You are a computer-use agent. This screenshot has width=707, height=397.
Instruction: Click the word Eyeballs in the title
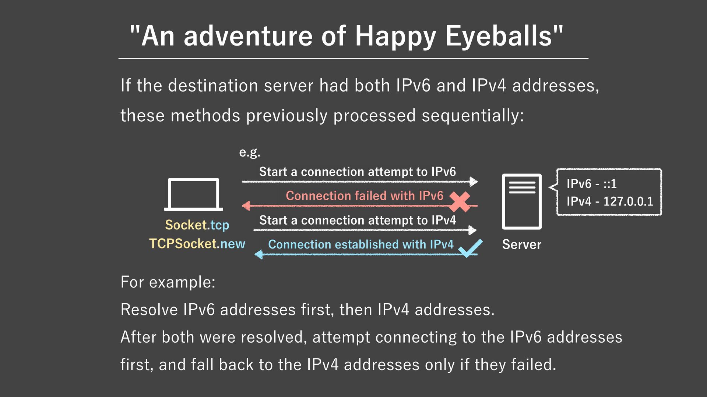coord(499,36)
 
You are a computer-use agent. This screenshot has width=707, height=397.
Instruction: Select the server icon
coord(521,201)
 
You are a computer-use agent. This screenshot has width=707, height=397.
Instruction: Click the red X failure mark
coord(460,201)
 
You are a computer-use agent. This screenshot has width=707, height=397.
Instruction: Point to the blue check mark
coord(470,248)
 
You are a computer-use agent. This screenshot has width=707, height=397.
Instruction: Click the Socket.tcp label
coord(197,225)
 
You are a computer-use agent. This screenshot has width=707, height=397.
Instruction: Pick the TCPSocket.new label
coord(197,244)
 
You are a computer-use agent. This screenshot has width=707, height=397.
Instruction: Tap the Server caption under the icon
coord(521,245)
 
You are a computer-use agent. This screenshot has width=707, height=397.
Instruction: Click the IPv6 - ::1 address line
coord(591,184)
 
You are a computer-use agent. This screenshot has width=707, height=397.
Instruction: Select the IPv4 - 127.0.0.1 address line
coord(609,201)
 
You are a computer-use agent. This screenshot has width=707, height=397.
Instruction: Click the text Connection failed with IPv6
coord(365,196)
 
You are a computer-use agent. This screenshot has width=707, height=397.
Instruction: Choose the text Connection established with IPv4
coord(360,244)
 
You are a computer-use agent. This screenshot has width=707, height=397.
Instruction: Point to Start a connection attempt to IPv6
coord(357,172)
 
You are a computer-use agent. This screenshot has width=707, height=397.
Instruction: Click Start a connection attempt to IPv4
coord(357,220)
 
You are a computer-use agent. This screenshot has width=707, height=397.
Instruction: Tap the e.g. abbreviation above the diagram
coord(250,152)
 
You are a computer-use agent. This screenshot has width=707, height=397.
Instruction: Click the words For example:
coord(168,282)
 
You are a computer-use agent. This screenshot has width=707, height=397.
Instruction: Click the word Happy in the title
coord(395,36)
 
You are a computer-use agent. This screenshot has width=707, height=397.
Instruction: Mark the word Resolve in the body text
coord(149,310)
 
